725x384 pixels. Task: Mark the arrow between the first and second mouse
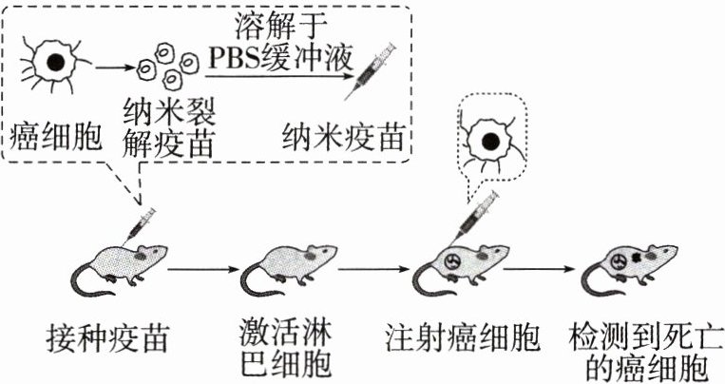pyautogui.click(x=201, y=269)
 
